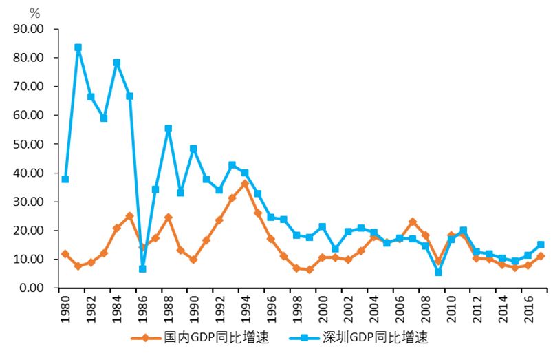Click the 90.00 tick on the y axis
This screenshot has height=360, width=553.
click(x=28, y=29)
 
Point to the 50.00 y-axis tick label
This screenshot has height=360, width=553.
click(x=28, y=144)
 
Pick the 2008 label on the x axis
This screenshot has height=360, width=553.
click(x=426, y=306)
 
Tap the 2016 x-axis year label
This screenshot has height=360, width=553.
click(x=528, y=306)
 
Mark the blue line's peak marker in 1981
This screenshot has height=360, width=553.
click(x=78, y=47)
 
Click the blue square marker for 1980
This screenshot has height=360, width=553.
click(x=65, y=179)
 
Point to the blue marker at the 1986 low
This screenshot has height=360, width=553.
click(x=142, y=268)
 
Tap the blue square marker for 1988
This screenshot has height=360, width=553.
click(x=169, y=129)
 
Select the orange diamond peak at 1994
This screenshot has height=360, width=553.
click(x=245, y=184)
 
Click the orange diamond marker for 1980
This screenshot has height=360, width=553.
click(x=65, y=254)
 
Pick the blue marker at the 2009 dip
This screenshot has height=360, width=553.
click(x=438, y=272)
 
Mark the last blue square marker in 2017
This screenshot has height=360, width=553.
click(x=541, y=244)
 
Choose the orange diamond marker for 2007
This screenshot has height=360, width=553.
click(x=413, y=222)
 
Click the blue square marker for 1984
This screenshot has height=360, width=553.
click(x=117, y=63)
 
